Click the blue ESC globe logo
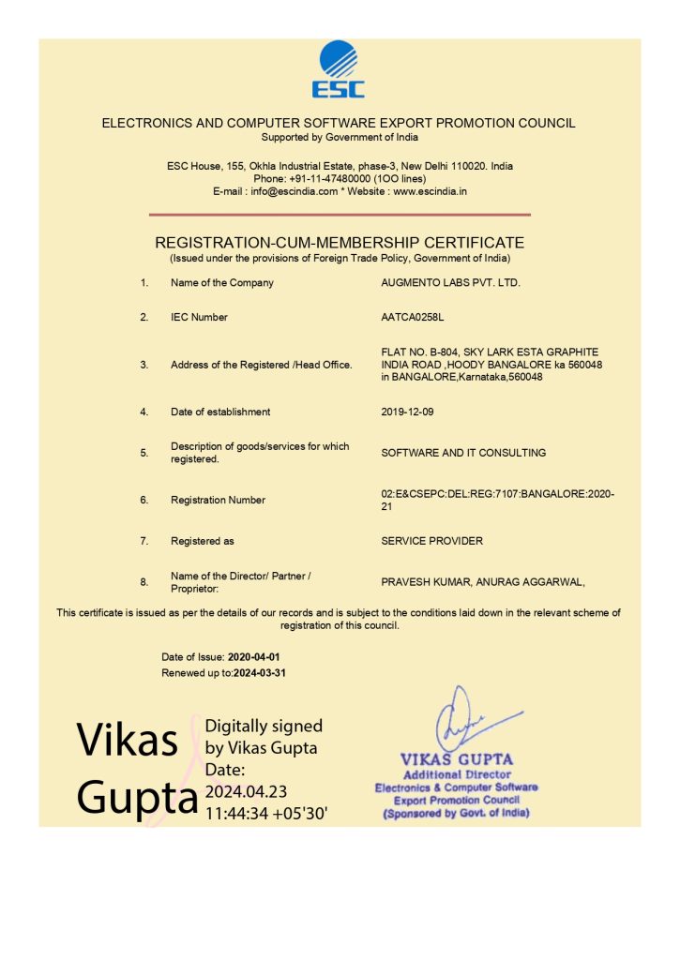click(339, 68)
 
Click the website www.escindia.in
click(430, 191)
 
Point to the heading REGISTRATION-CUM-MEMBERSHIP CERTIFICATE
click(340, 243)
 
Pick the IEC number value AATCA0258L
click(406, 317)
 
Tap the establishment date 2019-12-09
click(408, 412)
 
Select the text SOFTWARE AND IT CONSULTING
click(463, 453)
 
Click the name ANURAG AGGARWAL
click(530, 582)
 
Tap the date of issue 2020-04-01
click(254, 657)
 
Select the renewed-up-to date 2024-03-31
click(261, 673)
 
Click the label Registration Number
click(218, 500)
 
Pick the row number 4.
click(144, 412)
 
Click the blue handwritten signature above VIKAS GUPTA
click(461, 719)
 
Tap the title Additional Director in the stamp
click(457, 774)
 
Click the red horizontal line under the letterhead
click(339, 215)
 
